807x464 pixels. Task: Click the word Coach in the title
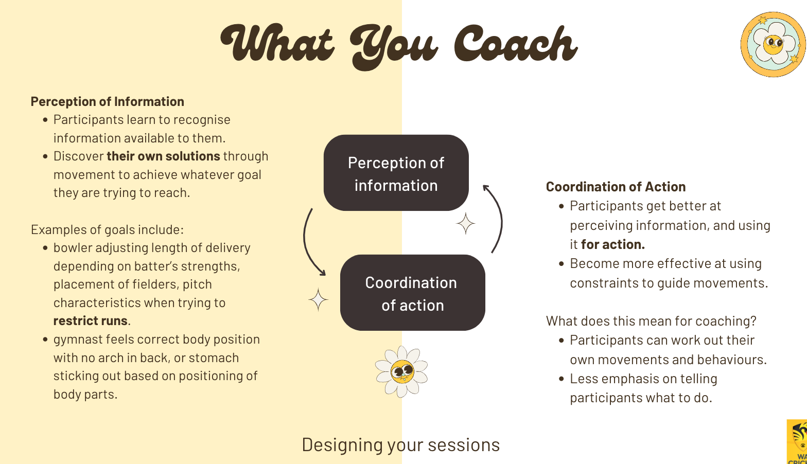point(516,44)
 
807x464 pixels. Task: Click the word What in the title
point(277,43)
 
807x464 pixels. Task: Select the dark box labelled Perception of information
point(396,173)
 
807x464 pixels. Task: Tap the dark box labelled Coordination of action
point(413,293)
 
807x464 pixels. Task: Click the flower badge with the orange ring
point(773,45)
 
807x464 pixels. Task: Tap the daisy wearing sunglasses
point(401,372)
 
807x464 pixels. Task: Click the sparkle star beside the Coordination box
point(318,299)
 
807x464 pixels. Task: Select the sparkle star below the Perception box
point(465,224)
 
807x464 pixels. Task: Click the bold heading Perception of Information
point(108,101)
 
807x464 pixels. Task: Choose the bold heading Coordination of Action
point(616,187)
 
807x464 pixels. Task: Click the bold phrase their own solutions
point(163,156)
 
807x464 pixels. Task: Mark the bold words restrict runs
point(91,320)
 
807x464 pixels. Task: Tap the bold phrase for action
point(613,244)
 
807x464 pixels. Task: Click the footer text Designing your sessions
point(400,445)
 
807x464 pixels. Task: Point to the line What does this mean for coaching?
point(651,321)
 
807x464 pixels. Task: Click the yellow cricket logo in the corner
point(797,442)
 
